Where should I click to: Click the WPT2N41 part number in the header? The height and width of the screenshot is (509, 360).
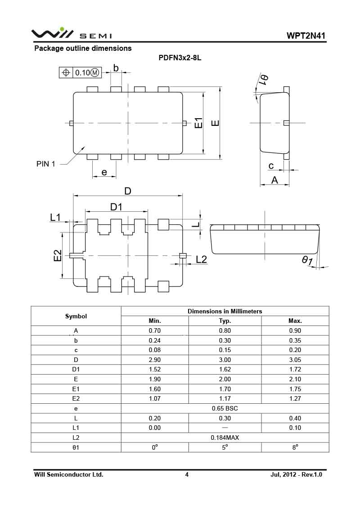pos(306,36)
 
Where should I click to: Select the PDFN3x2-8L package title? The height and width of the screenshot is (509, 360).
pos(180,58)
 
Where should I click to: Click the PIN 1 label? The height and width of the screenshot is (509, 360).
pos(45,164)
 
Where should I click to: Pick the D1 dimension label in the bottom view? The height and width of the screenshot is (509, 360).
pos(117,206)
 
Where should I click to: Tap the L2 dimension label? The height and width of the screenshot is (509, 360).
pos(201,259)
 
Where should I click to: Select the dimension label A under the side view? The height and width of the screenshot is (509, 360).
pos(274,180)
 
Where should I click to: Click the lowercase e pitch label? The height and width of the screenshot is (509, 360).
pos(104,172)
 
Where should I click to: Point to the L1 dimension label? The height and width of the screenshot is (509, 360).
pos(55,218)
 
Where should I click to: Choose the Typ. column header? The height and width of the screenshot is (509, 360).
pos(225,321)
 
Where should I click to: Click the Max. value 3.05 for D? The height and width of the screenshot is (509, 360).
pos(295,360)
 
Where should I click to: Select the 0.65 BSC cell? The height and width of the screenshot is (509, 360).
pos(225,409)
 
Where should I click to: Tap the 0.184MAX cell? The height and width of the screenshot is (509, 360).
pos(225,438)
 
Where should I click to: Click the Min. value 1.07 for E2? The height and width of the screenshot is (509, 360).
pos(154,398)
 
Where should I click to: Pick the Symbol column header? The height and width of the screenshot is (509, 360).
pos(76,316)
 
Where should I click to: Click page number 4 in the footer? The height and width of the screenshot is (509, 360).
pos(187,474)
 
